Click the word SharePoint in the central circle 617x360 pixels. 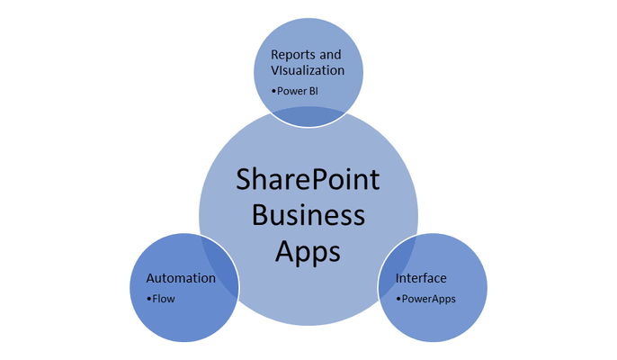[x=308, y=180]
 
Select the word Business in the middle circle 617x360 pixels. [x=308, y=215]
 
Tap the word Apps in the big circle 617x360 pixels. [x=308, y=252]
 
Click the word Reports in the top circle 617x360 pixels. [x=293, y=54]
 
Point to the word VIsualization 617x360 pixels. [x=308, y=70]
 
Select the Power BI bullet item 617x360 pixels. [x=295, y=91]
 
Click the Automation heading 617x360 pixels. [x=181, y=278]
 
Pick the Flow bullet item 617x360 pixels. [x=160, y=299]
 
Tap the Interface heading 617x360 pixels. [x=421, y=278]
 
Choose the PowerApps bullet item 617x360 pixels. [x=425, y=299]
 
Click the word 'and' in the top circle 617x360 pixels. [x=330, y=54]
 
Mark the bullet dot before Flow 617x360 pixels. [x=148, y=299]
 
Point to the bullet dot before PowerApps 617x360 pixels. [x=398, y=299]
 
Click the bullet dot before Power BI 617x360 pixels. [x=273, y=92]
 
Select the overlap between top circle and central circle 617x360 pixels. [x=308, y=117]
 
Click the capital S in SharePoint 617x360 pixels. [x=244, y=180]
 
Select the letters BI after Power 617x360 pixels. [x=314, y=91]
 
